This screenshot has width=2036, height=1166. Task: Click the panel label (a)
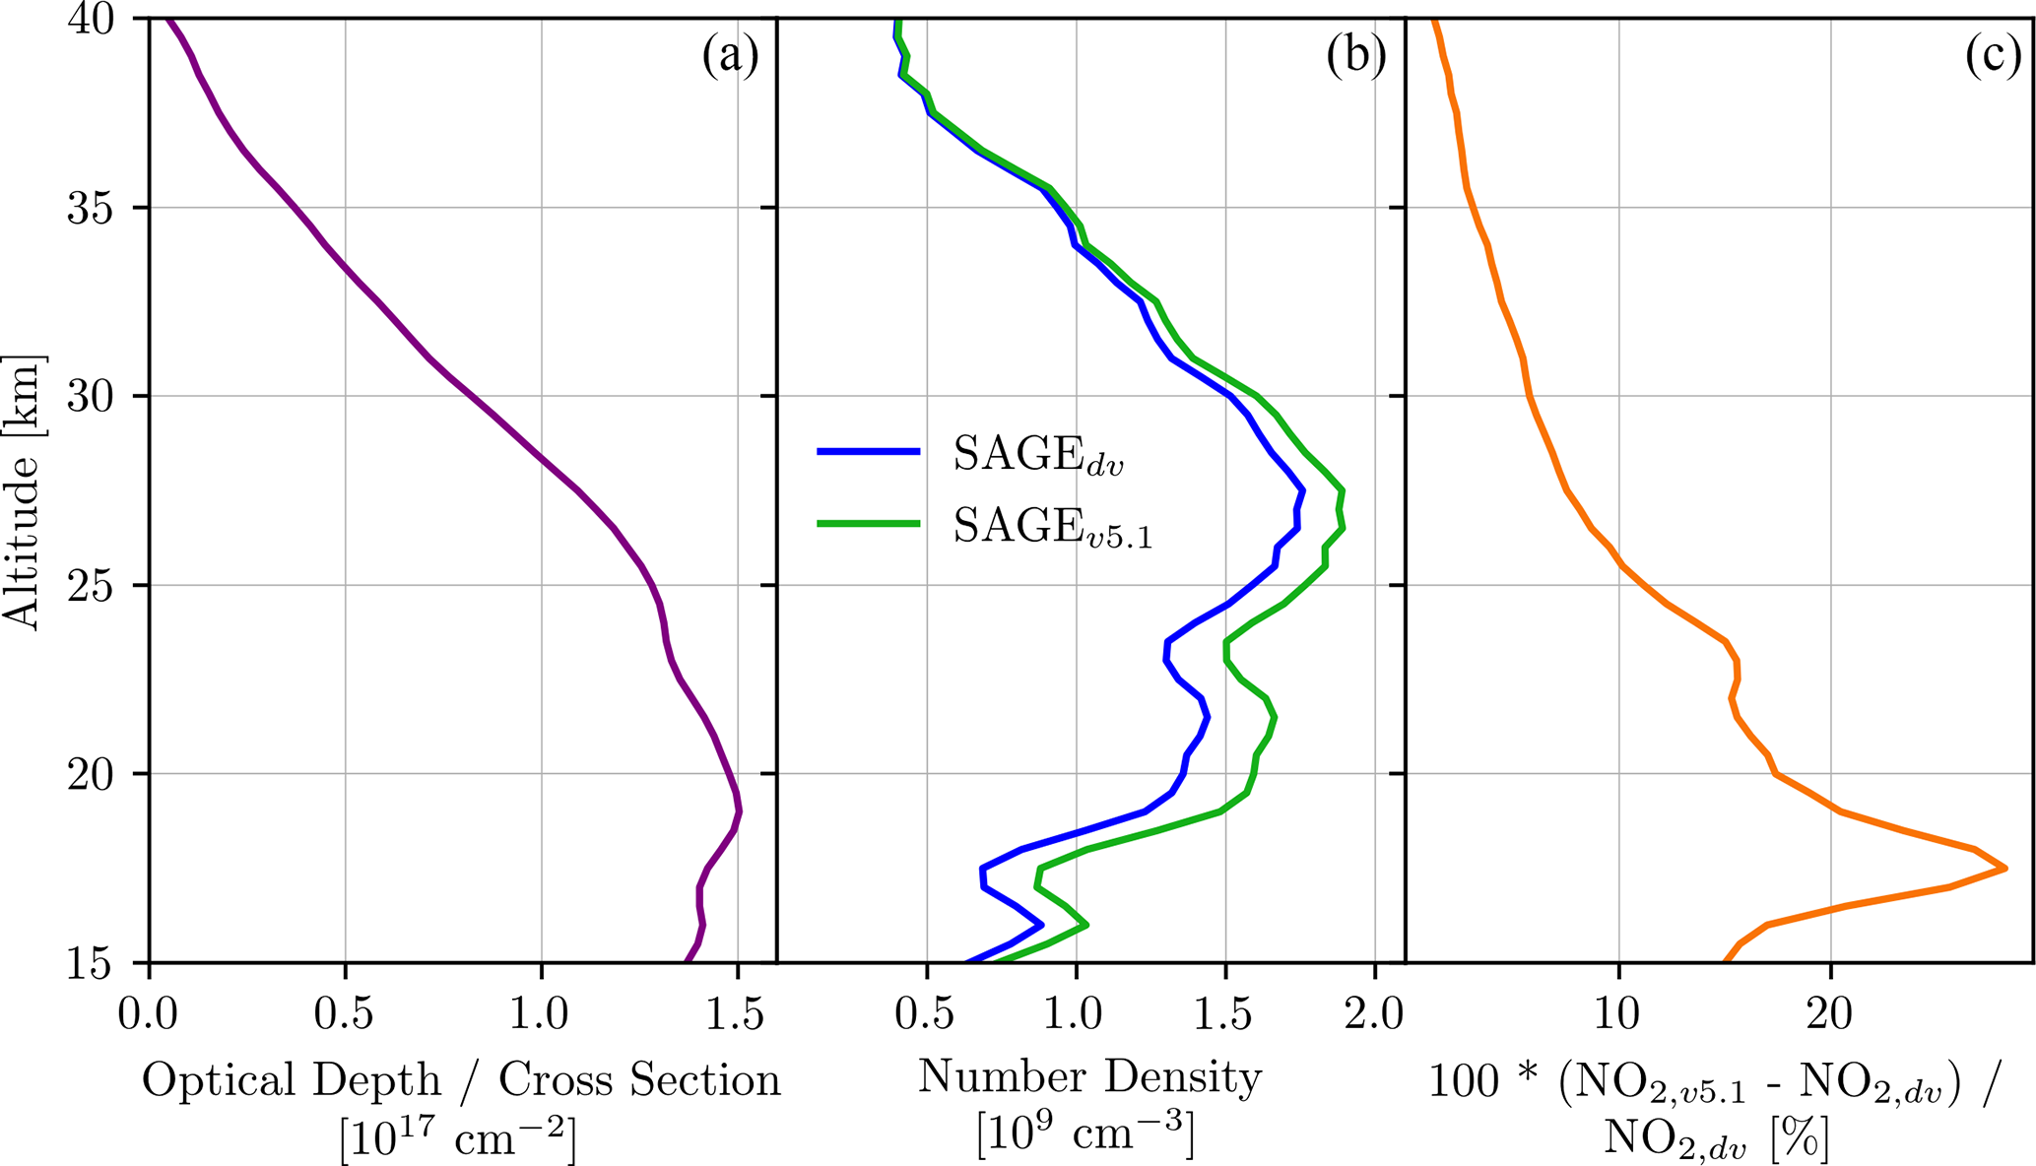pos(730,56)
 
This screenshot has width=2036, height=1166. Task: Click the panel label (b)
pos(1355,56)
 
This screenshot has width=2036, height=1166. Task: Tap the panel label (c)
pos(1993,56)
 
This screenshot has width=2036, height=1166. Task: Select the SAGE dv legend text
pos(1038,455)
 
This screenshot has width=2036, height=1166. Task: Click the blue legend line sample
pos(868,452)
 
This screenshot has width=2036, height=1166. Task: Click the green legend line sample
pos(868,524)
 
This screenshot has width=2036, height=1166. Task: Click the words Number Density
pos(1089,1077)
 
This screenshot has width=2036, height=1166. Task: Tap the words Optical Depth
pos(292,1080)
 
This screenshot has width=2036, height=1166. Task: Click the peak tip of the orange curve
pos(2005,868)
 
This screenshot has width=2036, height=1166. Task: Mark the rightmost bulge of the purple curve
pos(739,811)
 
